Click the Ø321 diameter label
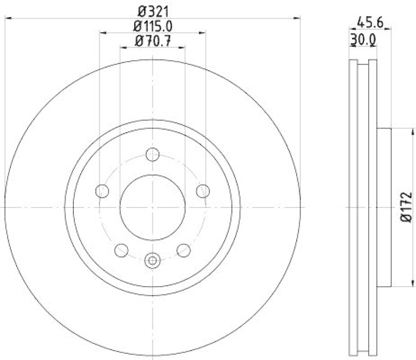click(153, 10)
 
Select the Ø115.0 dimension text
click(153, 25)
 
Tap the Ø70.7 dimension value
click(153, 40)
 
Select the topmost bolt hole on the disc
click(152, 154)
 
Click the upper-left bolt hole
click(102, 191)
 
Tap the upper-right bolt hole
click(203, 191)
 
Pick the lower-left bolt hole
click(121, 250)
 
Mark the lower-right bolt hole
click(184, 250)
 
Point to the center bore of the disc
click(152, 207)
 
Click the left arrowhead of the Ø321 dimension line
click(7, 18)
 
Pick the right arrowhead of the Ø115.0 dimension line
click(203, 33)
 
